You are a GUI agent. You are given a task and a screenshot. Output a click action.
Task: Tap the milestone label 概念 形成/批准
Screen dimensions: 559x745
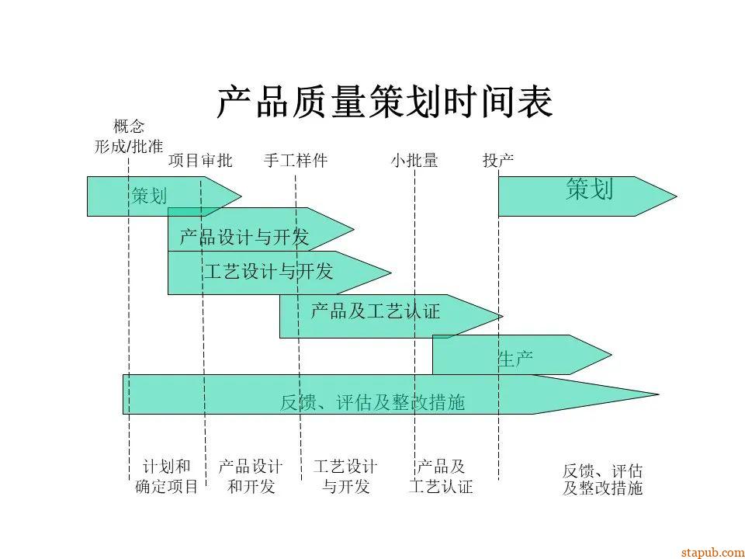[129, 136]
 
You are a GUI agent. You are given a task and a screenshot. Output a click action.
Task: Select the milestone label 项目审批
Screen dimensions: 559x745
[200, 161]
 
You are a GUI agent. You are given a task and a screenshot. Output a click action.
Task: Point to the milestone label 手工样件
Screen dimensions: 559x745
[296, 161]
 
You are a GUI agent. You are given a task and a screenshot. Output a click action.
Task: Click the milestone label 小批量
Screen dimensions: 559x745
[414, 161]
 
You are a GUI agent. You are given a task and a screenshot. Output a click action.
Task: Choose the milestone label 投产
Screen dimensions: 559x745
[498, 161]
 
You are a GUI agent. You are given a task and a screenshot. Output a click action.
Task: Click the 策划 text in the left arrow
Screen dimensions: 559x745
[149, 196]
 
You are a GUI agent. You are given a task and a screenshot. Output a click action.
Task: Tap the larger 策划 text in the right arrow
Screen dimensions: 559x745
[590, 189]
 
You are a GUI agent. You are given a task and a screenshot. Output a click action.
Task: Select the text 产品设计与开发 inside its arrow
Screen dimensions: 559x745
[244, 237]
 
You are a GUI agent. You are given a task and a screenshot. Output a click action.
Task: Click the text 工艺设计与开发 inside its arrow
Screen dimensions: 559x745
[269, 271]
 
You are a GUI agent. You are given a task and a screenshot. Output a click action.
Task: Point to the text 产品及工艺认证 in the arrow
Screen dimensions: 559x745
[376, 312]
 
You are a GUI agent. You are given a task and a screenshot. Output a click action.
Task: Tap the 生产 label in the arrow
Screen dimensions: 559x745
[515, 359]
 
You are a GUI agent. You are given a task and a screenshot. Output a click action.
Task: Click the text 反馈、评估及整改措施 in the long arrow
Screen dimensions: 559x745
[372, 402]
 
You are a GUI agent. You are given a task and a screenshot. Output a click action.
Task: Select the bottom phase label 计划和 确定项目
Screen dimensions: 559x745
[167, 477]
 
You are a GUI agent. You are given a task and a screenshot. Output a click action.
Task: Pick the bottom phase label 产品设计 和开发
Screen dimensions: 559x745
[251, 477]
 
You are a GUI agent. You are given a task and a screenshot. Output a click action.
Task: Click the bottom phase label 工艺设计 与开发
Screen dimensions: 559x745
[345, 477]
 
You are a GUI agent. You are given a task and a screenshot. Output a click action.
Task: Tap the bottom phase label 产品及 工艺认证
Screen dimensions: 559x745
[441, 477]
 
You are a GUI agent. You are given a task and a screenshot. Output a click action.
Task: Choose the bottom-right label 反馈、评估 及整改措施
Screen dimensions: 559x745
[603, 480]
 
